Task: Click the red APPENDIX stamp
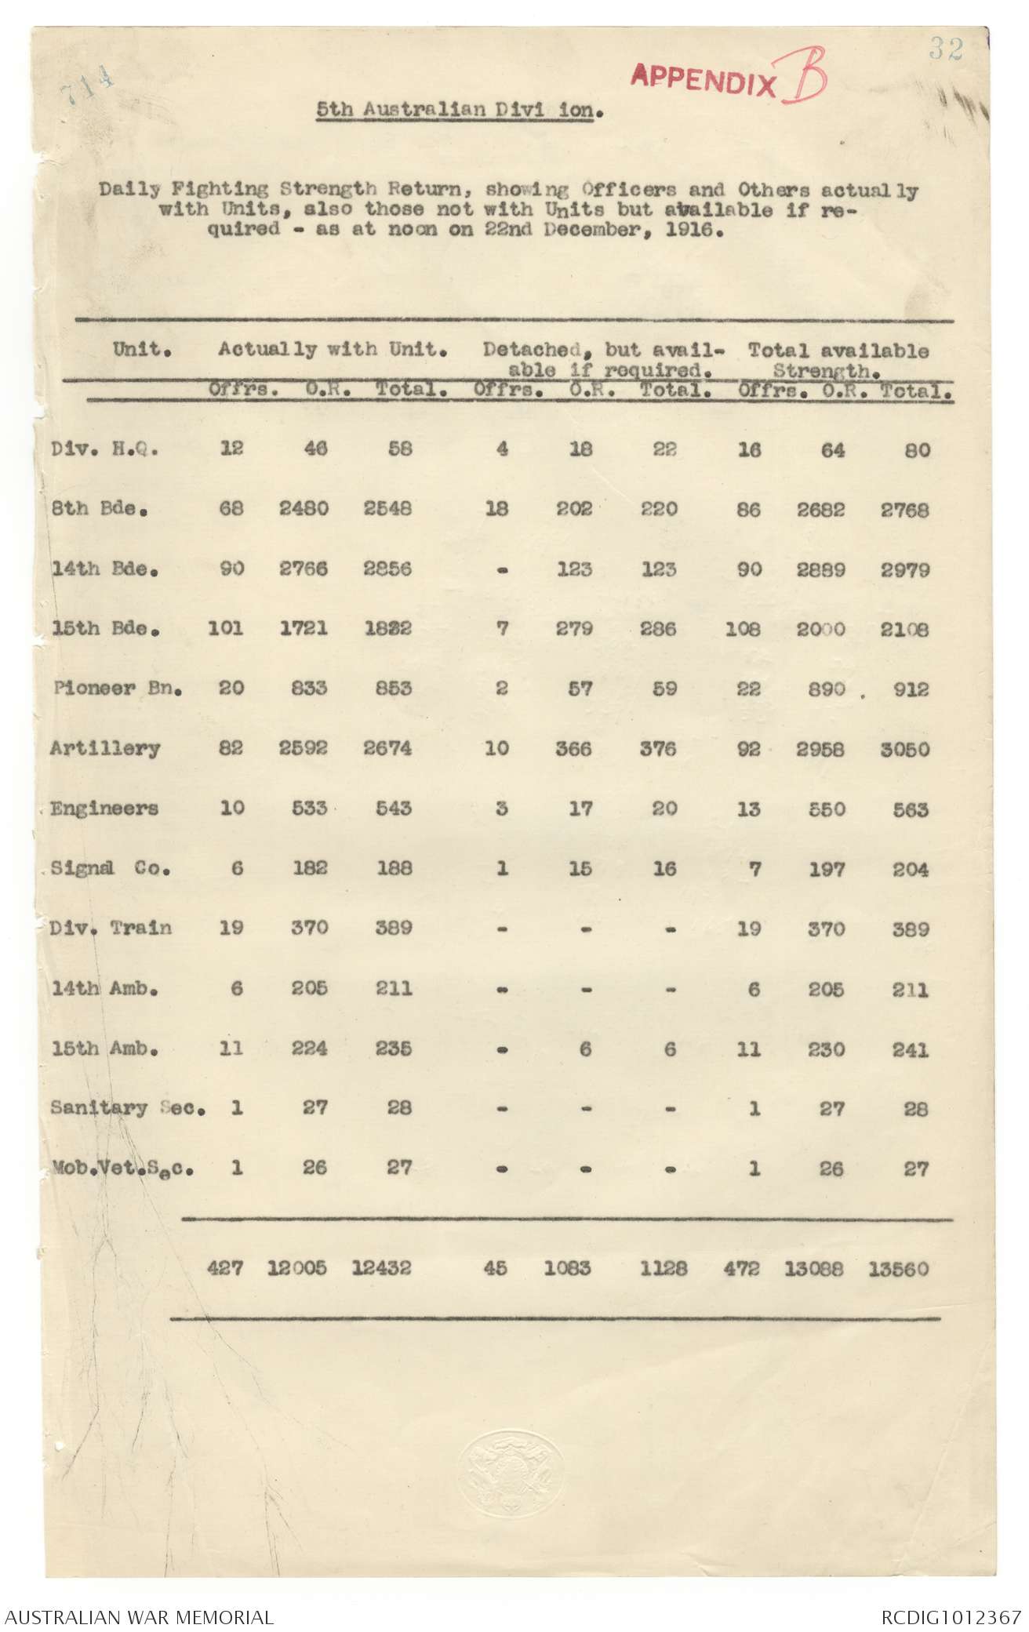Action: tap(704, 79)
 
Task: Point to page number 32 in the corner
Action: tap(945, 49)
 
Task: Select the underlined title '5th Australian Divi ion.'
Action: tap(460, 110)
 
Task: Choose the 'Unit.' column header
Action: tap(142, 349)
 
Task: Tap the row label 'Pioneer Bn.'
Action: tap(118, 689)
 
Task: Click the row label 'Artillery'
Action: tap(104, 748)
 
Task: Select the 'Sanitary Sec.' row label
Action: tap(128, 1107)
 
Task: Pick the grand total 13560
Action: tap(898, 1268)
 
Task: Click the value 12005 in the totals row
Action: tap(297, 1267)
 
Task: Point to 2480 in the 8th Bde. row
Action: tap(304, 508)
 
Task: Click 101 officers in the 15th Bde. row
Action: tap(225, 628)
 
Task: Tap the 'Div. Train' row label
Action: tap(111, 928)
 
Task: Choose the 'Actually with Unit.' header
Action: tap(333, 350)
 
